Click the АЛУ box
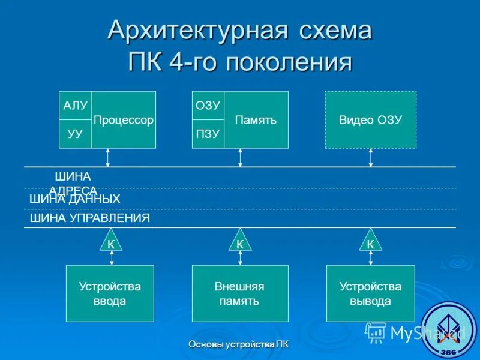point(76,106)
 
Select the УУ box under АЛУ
point(76,134)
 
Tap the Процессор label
point(124,120)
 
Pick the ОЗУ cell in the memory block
point(208,106)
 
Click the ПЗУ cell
point(208,134)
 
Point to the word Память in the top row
point(256,120)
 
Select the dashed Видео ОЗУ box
point(370,120)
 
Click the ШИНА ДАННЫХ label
point(75,199)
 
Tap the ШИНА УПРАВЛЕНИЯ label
point(90,218)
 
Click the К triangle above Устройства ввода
point(111,242)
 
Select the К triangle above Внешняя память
point(240,242)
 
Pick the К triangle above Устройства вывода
point(370,242)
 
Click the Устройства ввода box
point(110,293)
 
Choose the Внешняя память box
point(240,293)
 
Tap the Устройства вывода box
point(370,293)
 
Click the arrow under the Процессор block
point(108,157)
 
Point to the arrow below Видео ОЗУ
point(371,157)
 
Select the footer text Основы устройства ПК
point(238,344)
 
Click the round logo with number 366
point(451,330)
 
